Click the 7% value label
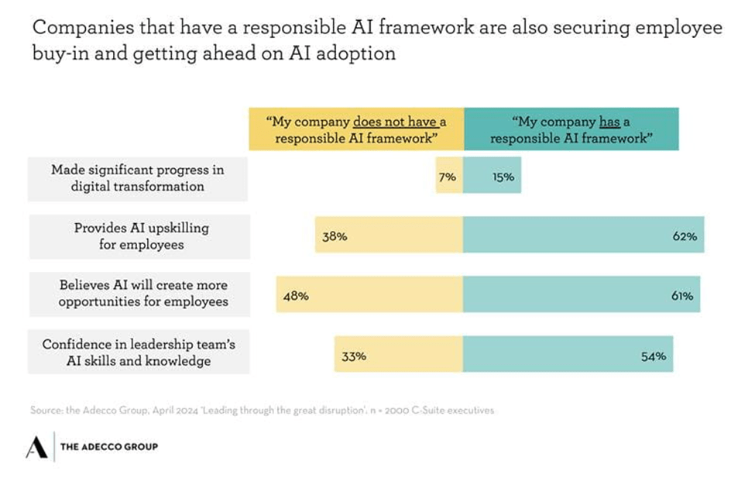coord(448,177)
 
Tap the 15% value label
coord(503,177)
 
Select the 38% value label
coord(335,236)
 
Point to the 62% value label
coord(685,236)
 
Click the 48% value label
coord(296,295)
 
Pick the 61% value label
coord(682,295)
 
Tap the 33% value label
coord(354,356)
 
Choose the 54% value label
coord(654,356)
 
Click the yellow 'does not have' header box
coord(356,129)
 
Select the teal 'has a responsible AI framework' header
coord(571,129)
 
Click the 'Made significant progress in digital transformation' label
coord(138,178)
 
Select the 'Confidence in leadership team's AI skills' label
coord(139,352)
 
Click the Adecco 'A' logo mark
coord(36,447)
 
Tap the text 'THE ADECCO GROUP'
coord(109,447)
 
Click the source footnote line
coord(262,410)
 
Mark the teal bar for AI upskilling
coord(584,235)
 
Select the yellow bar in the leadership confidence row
coord(399,354)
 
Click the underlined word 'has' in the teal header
coord(609,122)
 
